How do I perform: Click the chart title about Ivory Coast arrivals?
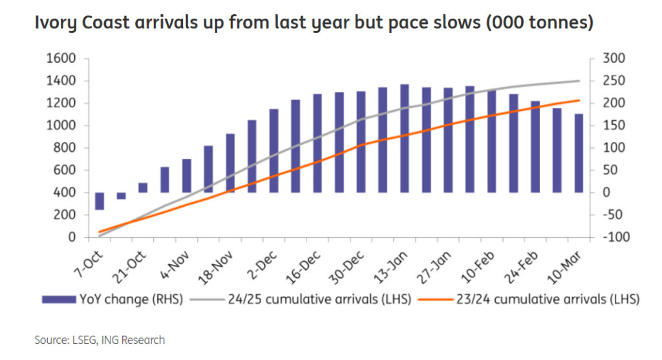tap(314, 23)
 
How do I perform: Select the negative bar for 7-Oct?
tap(100, 201)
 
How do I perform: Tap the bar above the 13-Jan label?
tap(404, 138)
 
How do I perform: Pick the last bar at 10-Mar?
tap(579, 153)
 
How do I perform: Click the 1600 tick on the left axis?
tap(61, 59)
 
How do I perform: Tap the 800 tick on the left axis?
tap(65, 148)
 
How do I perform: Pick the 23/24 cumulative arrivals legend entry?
tap(528, 299)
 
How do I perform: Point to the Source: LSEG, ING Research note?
tap(100, 340)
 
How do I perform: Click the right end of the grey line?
tap(578, 81)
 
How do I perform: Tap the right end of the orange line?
tap(578, 100)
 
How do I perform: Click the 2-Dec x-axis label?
tap(259, 259)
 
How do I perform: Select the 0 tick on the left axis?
tap(73, 237)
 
